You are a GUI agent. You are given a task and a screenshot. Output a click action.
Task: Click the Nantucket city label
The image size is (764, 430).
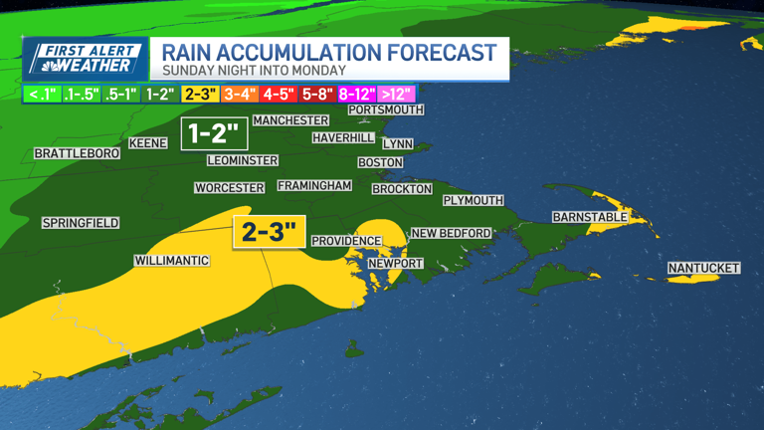pos(703,269)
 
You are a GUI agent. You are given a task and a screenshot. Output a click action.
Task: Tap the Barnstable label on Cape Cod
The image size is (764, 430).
pos(590,217)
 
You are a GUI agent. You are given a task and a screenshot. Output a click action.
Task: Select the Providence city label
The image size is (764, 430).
pos(346,241)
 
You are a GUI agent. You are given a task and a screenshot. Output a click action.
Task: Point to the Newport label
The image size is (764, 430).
pos(395,264)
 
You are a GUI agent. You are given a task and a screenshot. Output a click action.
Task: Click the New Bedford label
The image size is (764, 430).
pos(452,233)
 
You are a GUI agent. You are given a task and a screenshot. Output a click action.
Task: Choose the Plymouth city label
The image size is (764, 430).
pos(474,200)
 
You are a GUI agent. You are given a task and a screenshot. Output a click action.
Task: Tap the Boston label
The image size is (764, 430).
pos(380,162)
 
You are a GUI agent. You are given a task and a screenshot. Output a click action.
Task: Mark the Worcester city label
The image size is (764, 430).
pos(229,188)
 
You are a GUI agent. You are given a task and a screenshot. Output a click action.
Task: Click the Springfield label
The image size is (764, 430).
pos(81,223)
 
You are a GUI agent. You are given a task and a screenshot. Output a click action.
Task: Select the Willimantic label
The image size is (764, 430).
pos(172,261)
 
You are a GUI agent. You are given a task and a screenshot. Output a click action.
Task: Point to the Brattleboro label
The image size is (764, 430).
pos(77,153)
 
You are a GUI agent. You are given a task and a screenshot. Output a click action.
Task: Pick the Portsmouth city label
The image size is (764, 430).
pos(386,109)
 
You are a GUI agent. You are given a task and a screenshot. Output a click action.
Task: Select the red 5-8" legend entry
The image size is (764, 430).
pos(315,95)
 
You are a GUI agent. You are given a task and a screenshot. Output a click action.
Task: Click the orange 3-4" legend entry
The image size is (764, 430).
pos(239,95)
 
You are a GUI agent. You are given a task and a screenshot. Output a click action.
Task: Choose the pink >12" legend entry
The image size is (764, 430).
pos(396,95)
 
